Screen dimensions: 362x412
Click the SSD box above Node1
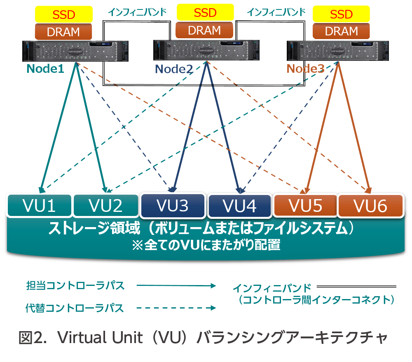coord(63,14)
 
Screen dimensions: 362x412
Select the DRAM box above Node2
coord(204,30)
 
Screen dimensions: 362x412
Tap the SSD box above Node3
coord(341,14)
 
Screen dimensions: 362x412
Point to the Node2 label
coord(174,69)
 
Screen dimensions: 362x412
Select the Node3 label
coord(305,68)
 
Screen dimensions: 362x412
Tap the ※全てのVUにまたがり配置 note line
coord(206,246)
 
